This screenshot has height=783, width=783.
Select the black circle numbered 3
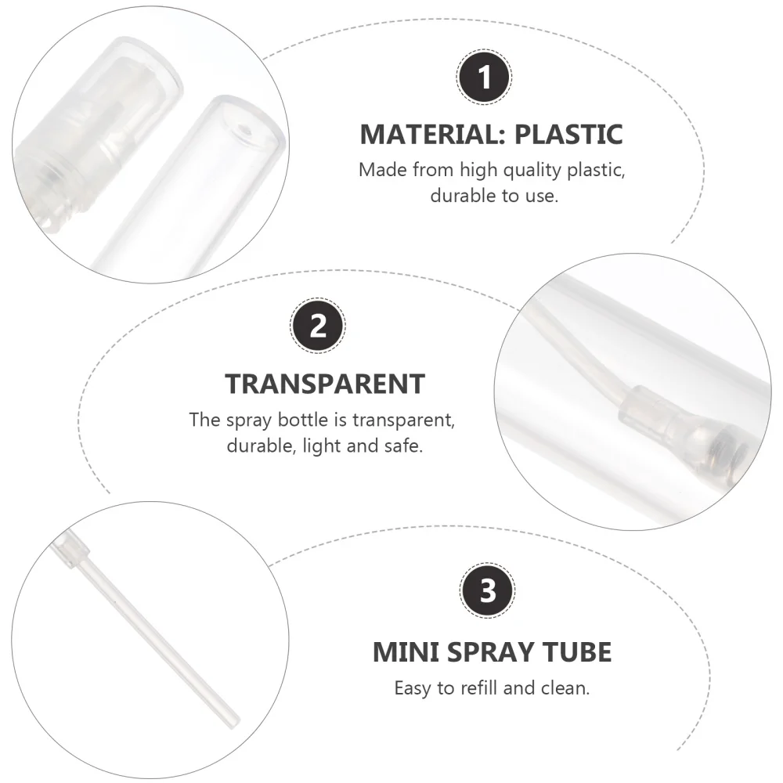pos(488,592)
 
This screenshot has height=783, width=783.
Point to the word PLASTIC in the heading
pos(568,134)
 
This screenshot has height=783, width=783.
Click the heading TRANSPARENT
pos(325,384)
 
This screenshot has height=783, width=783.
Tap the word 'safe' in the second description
pos(402,446)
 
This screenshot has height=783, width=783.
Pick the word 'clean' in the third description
pos(565,689)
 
